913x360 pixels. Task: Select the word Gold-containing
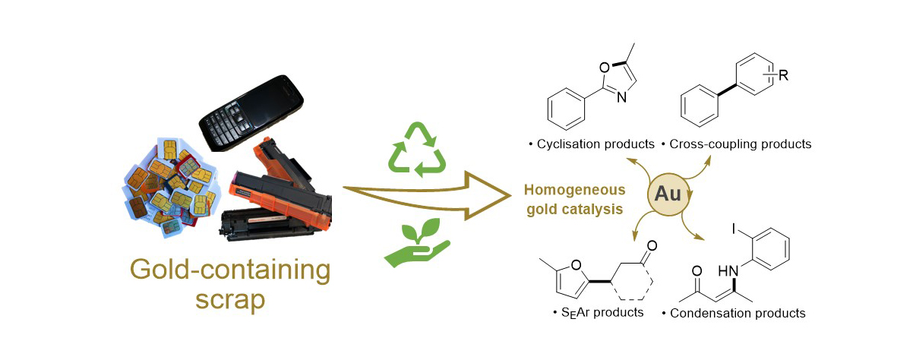pyautogui.click(x=230, y=268)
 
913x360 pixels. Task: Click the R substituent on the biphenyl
pyautogui.click(x=782, y=74)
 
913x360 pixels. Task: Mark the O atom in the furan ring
pyautogui.click(x=577, y=265)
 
